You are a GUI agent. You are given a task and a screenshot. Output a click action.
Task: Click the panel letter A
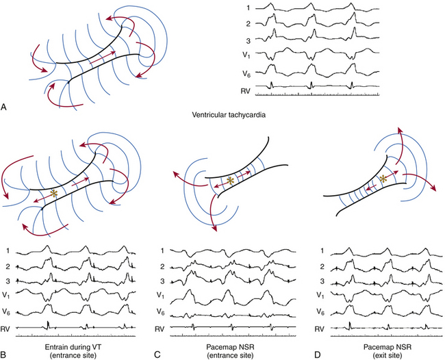(6, 107)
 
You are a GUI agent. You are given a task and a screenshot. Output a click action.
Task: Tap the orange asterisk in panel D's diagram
(385, 179)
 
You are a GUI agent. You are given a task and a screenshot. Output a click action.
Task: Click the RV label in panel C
(176, 328)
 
